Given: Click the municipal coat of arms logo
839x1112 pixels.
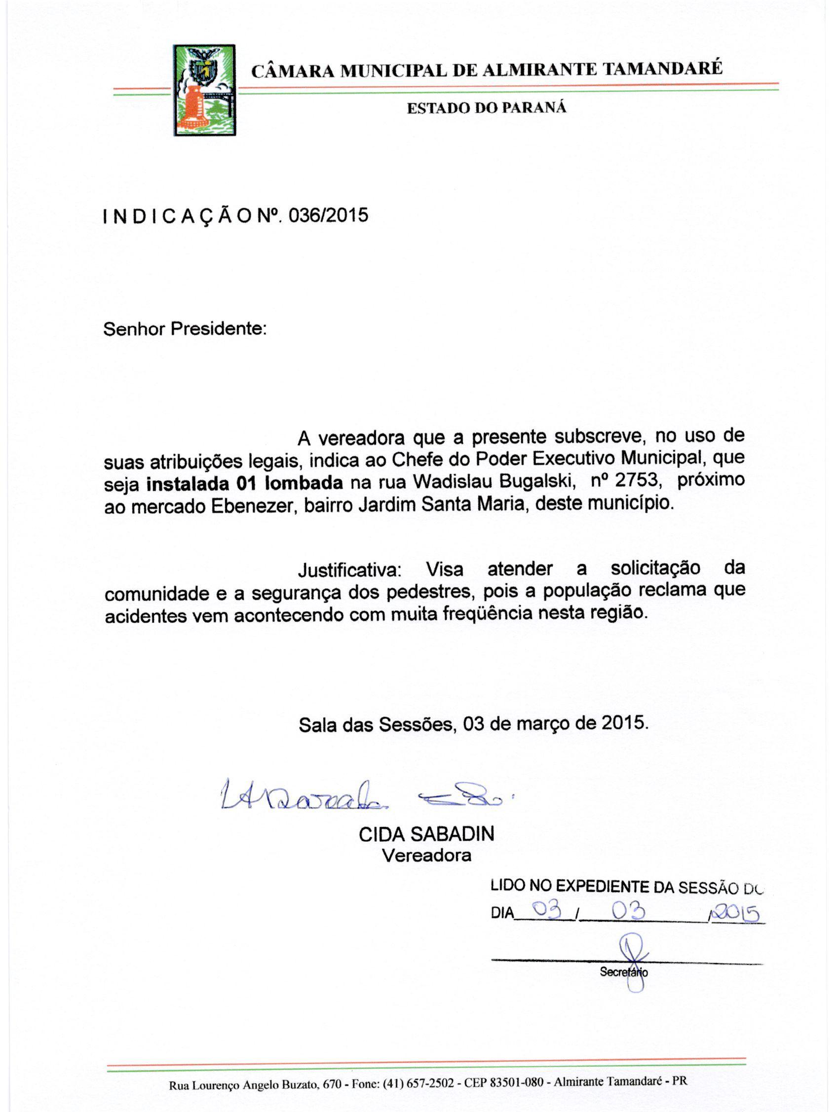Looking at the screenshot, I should [205, 90].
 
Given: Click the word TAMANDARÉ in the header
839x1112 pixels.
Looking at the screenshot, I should [662, 68].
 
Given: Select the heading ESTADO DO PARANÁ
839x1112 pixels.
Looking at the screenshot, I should [487, 108].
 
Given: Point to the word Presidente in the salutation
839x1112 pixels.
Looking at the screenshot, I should [218, 329].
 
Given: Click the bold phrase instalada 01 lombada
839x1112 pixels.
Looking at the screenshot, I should [244, 483].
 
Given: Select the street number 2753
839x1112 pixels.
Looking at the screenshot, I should [636, 480].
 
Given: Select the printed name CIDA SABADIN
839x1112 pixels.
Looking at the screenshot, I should [426, 834].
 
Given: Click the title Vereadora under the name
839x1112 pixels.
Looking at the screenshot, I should [426, 855].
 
